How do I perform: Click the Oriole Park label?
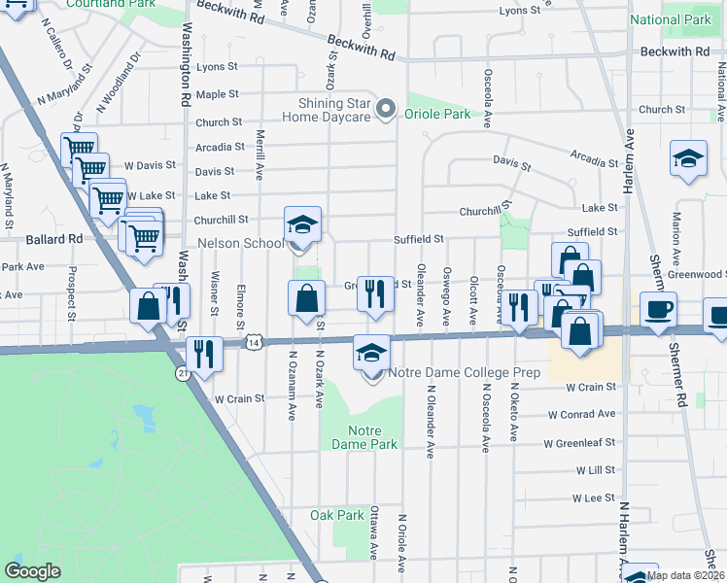438,114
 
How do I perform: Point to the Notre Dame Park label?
372,437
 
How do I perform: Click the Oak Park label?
336,515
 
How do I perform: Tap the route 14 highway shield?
254,342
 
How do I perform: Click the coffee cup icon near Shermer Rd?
659,310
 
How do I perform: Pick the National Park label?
670,19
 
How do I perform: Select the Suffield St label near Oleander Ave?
418,238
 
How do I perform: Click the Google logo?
32,570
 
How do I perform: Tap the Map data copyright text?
685,575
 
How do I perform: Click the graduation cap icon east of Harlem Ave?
688,159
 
